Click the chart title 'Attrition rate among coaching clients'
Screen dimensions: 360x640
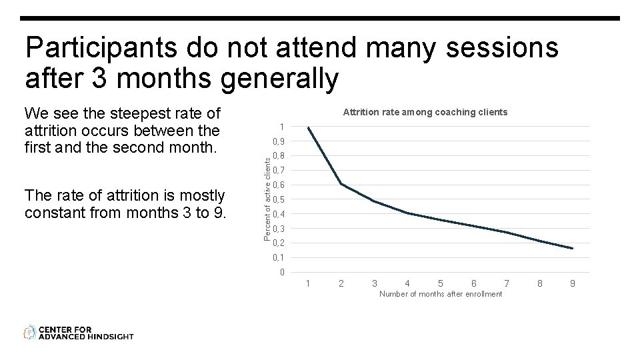[425, 113]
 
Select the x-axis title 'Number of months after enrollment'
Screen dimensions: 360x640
[440, 294]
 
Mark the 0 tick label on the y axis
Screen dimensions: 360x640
[283, 272]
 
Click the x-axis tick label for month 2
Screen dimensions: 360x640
[341, 284]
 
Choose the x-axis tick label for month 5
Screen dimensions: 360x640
[441, 284]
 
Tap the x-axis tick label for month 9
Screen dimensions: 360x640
[573, 284]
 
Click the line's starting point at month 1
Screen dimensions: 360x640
[308, 127]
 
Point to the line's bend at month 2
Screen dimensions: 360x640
[341, 183]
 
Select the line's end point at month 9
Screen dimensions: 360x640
[573, 249]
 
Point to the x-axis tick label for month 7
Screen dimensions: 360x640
[507, 284]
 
